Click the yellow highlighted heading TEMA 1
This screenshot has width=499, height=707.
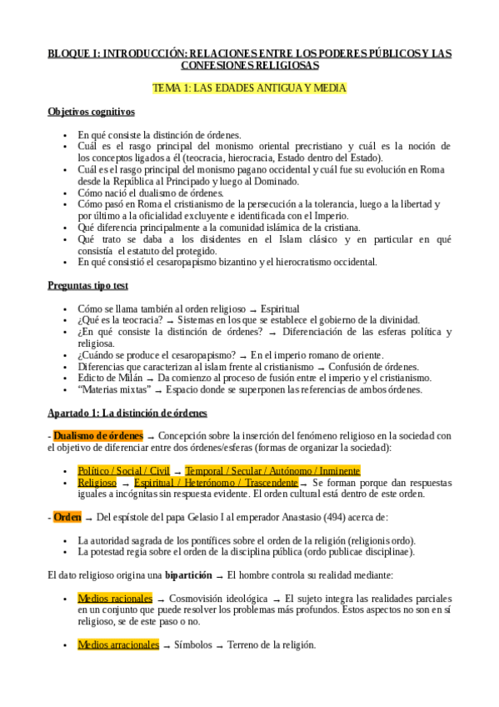(x=249, y=88)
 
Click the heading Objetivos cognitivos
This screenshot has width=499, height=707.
(x=92, y=112)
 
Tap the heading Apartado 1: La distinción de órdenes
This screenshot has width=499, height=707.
(x=127, y=413)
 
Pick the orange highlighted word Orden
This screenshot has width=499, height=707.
(x=67, y=517)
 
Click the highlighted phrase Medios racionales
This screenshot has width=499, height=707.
(x=115, y=599)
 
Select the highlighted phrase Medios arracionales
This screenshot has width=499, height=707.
(x=118, y=644)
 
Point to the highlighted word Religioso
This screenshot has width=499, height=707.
(x=97, y=482)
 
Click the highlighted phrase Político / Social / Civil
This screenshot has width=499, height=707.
(x=123, y=470)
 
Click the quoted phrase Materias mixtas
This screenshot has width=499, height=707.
(x=113, y=389)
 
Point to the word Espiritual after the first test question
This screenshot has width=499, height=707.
(x=280, y=308)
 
